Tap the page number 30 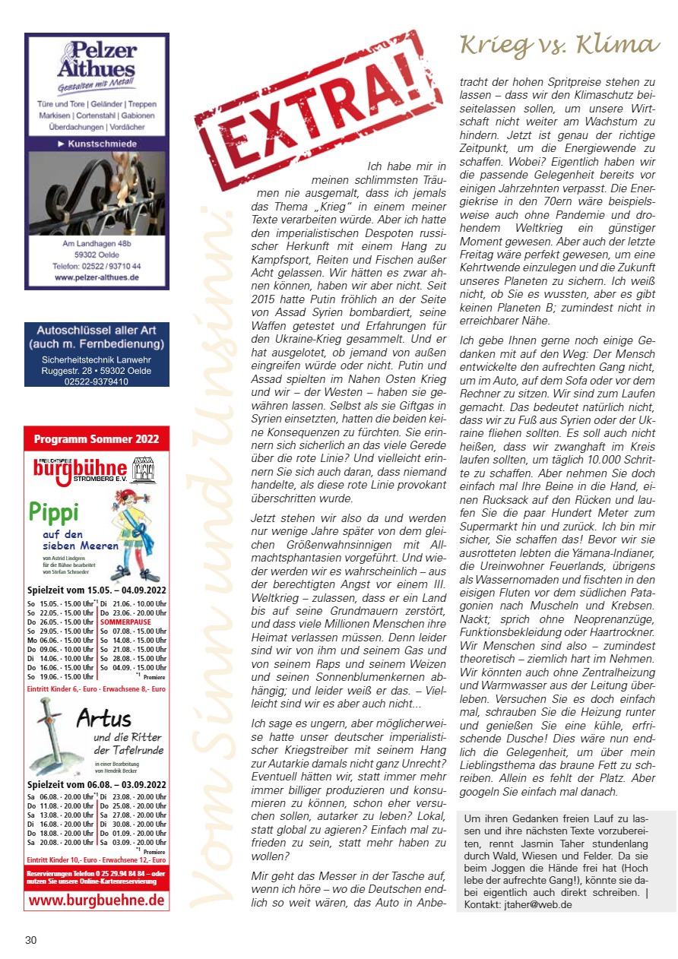click(x=30, y=940)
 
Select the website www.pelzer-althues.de click(x=97, y=278)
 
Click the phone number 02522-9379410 click(x=96, y=381)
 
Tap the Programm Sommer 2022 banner click(x=97, y=439)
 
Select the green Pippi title click(x=52, y=512)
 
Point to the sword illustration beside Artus click(x=47, y=728)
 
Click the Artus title click(x=104, y=718)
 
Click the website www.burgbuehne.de click(x=97, y=900)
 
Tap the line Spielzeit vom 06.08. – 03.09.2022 click(x=97, y=784)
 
